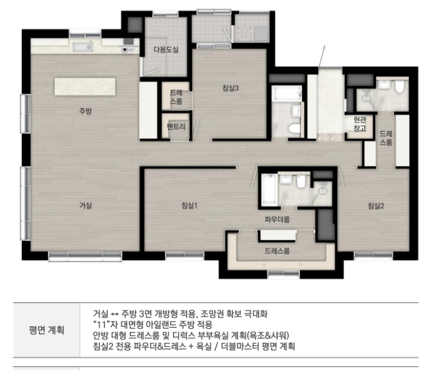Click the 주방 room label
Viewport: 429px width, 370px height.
pyautogui.click(x=85, y=111)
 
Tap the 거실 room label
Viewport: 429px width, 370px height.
pyautogui.click(x=85, y=206)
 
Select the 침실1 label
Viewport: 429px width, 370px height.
pyautogui.click(x=189, y=206)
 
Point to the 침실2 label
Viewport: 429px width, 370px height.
pyautogui.click(x=376, y=206)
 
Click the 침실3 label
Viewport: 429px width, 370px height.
pyautogui.click(x=230, y=88)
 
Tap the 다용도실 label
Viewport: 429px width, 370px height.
pyautogui.click(x=166, y=49)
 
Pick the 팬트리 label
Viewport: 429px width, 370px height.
pyautogui.click(x=176, y=127)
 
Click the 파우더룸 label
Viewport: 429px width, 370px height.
pyautogui.click(x=277, y=219)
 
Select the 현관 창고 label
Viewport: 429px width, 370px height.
pyautogui.click(x=360, y=124)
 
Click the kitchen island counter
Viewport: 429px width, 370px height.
pyautogui.click(x=85, y=87)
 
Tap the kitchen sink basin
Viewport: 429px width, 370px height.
pyautogui.click(x=83, y=47)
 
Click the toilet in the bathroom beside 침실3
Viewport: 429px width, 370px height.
pyautogui.click(x=294, y=129)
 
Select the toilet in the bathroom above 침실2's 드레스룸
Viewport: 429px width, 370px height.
pyautogui.click(x=399, y=87)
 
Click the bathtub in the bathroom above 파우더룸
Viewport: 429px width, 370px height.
pyautogui.click(x=269, y=189)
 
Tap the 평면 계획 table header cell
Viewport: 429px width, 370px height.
pyautogui.click(x=47, y=330)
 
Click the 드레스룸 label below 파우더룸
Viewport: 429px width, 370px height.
pyautogui.click(x=277, y=251)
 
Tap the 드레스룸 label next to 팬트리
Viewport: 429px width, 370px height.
pyautogui.click(x=176, y=97)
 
